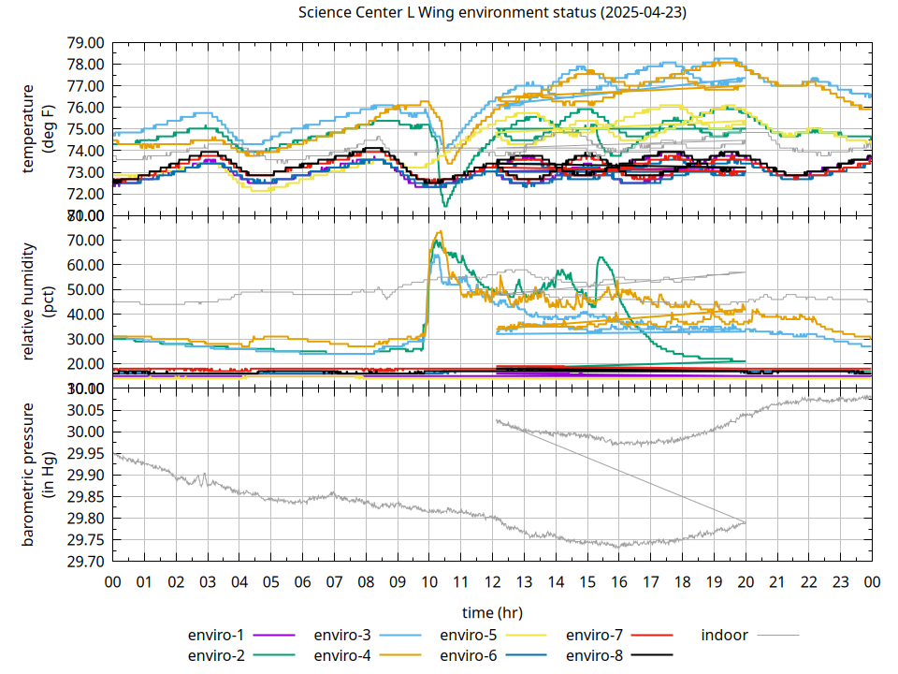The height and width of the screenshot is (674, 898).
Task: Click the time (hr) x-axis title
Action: [x=491, y=612]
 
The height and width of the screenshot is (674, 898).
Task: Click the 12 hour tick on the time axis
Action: [x=492, y=582]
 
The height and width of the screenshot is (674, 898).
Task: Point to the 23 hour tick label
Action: [x=840, y=582]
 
